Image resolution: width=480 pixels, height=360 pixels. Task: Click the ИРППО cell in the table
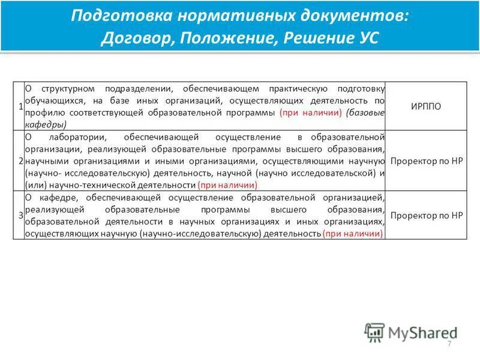425,106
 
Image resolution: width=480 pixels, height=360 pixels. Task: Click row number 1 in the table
20,106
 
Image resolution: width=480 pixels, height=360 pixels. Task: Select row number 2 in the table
20,161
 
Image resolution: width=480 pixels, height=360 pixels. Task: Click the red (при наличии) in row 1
311,113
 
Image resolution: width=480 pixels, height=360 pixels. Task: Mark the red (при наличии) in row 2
224,185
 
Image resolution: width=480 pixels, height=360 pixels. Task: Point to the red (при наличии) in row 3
353,233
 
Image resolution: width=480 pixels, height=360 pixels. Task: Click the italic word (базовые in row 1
365,113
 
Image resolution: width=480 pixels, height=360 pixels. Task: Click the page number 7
449,343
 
